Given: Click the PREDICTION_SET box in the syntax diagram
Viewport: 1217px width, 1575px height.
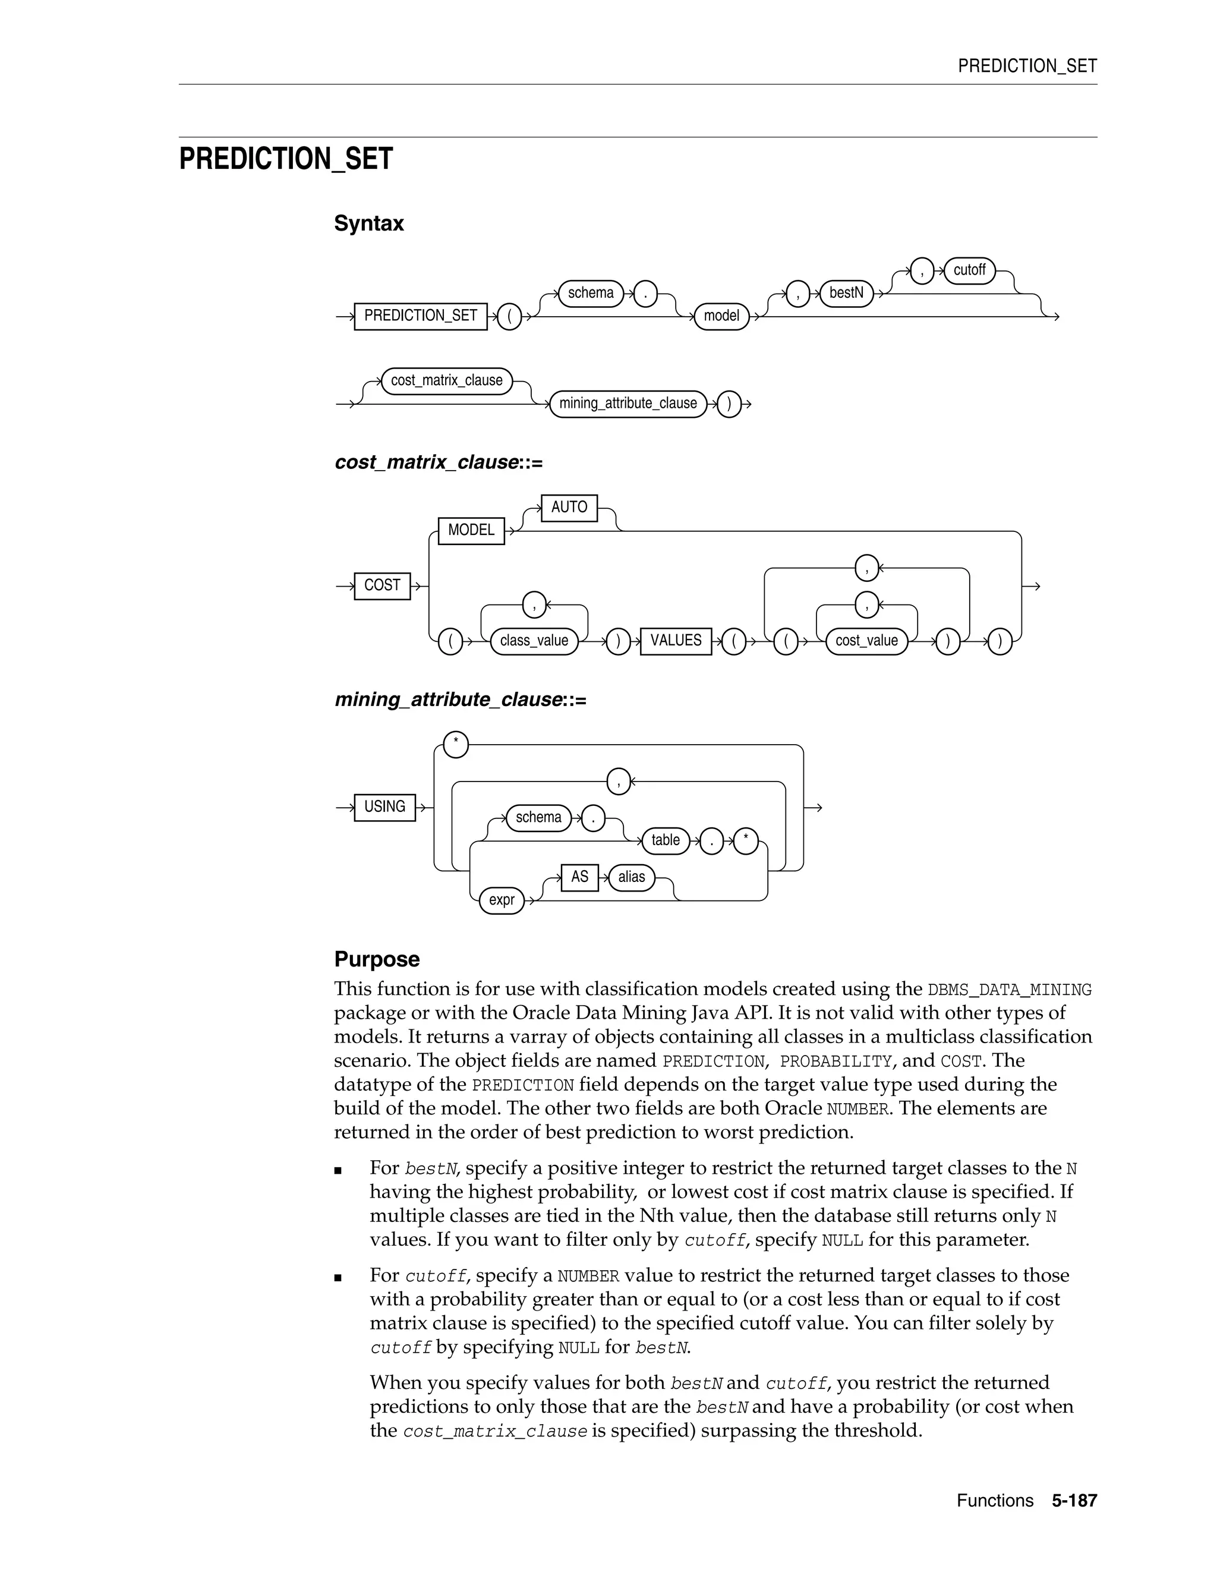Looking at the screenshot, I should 420,316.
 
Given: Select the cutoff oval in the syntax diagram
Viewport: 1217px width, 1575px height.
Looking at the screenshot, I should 969,270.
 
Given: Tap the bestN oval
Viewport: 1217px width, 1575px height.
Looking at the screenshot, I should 846,293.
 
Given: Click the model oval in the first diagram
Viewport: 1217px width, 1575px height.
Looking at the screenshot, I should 721,316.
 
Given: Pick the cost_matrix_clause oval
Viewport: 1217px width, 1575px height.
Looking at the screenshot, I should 446,381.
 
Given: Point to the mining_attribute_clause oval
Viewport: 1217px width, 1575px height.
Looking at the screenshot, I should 628,404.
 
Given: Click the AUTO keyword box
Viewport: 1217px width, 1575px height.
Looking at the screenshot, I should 569,508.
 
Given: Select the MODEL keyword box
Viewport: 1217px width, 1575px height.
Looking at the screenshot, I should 471,531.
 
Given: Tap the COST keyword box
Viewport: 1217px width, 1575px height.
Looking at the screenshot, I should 382,585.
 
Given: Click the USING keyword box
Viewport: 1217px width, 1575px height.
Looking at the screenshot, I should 384,807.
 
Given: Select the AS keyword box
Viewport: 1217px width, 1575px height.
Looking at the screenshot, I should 579,878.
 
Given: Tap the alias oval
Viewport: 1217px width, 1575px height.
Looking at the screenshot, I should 632,878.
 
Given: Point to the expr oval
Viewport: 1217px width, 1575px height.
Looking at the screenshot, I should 501,900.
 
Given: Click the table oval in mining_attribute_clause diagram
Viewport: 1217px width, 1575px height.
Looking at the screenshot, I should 665,841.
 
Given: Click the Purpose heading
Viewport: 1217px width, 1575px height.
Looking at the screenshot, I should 376,960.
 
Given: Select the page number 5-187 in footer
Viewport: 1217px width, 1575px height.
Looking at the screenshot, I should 1074,1501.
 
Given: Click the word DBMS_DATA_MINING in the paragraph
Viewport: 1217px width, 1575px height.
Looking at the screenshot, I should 1010,990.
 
